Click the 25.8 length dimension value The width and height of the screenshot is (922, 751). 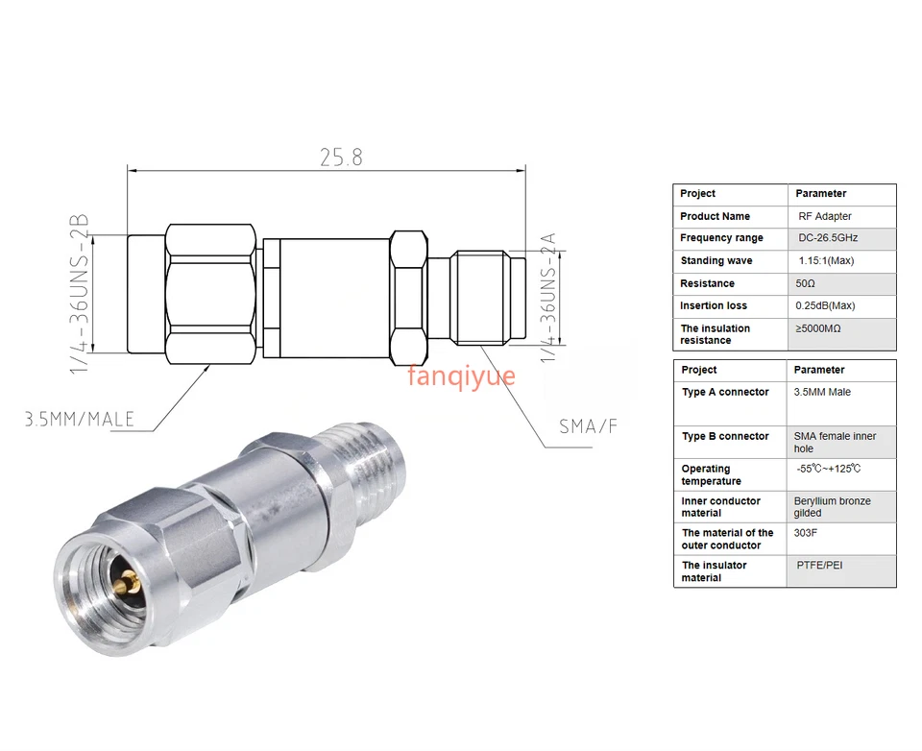click(341, 157)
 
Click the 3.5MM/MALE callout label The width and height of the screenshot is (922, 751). click(80, 420)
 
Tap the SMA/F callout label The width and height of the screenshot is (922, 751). click(588, 426)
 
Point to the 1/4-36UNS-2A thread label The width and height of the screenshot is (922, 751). click(548, 296)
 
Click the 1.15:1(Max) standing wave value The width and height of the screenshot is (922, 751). click(826, 261)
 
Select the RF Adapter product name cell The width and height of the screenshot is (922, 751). click(824, 217)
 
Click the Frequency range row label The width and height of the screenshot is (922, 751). click(721, 238)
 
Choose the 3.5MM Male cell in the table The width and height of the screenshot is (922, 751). click(822, 393)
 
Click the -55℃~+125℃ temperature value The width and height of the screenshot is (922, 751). click(828, 470)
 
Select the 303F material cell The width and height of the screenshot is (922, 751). click(807, 533)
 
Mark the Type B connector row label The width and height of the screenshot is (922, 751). click(725, 437)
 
